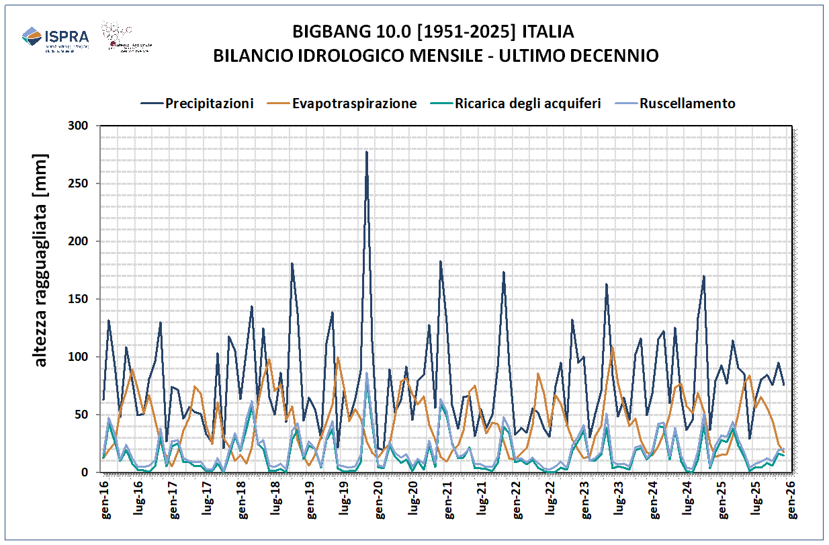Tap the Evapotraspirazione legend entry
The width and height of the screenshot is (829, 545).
click(354, 103)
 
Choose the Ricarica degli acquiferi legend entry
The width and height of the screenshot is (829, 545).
click(527, 103)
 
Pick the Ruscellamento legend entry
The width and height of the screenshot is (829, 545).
click(687, 103)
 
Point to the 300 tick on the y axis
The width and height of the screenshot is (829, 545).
click(78, 126)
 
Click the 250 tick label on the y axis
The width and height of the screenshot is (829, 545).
click(78, 184)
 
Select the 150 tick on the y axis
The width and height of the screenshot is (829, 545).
click(78, 299)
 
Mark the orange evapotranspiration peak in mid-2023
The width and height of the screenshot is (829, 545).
click(612, 346)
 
